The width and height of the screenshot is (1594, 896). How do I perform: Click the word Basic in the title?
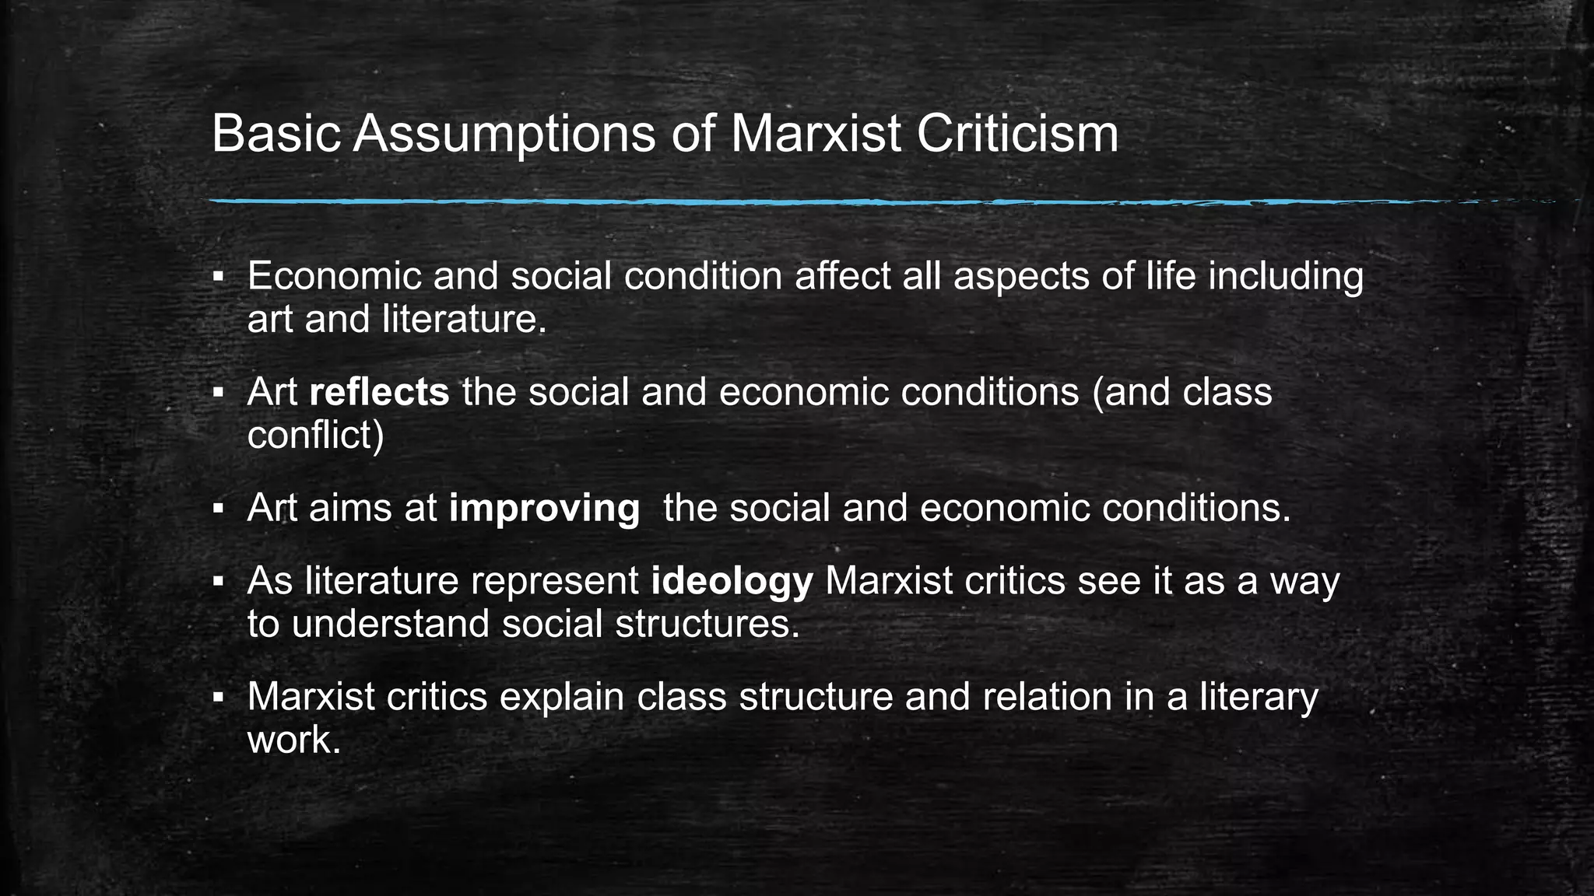(276, 134)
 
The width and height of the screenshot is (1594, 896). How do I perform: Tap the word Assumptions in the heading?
(504, 134)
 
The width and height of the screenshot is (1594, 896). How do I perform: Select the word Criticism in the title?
(1017, 134)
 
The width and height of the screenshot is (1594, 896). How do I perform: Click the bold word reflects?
(379, 392)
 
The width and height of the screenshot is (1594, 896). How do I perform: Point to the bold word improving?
(544, 509)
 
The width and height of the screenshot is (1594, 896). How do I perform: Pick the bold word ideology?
(732, 582)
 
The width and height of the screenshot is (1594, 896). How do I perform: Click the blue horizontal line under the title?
(856, 202)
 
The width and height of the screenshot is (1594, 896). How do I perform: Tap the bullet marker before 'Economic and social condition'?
(219, 278)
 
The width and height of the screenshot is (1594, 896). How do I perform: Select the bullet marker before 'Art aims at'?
(219, 509)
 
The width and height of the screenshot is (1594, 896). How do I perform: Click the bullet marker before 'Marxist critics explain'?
(219, 698)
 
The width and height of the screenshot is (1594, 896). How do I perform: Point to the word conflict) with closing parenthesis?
(315, 435)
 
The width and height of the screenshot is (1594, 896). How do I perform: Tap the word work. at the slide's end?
(294, 740)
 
